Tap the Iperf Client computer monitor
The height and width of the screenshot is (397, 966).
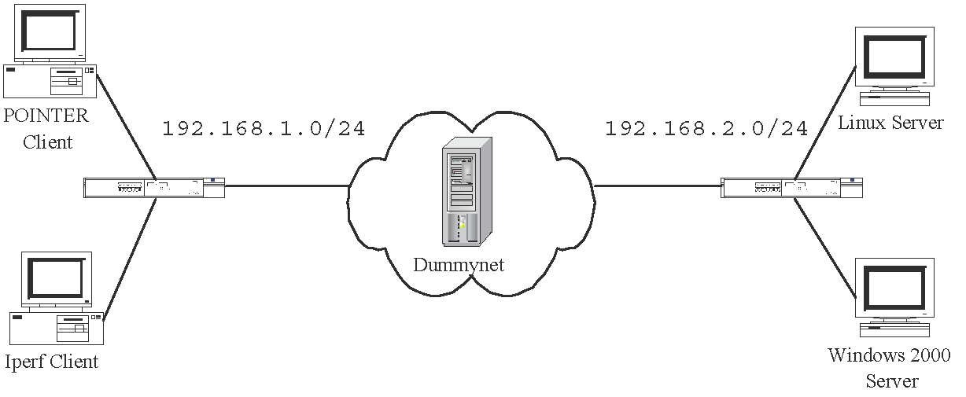tap(55, 278)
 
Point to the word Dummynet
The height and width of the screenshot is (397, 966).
tap(459, 265)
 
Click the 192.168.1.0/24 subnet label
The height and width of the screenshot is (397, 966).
tap(264, 129)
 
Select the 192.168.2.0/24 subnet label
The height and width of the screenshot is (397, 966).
tap(706, 129)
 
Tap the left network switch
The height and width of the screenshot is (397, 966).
tap(154, 187)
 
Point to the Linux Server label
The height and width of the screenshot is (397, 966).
tap(890, 123)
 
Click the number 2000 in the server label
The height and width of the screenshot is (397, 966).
tap(929, 355)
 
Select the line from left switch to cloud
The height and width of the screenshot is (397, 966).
tap(287, 186)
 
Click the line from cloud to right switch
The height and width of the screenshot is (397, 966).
tap(658, 186)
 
